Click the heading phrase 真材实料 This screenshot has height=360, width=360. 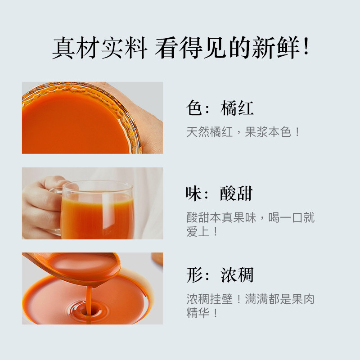tap(99, 48)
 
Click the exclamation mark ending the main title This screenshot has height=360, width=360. tap(306, 48)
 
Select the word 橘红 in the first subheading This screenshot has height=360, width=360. tap(237, 108)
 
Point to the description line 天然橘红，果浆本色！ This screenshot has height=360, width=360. tap(243, 132)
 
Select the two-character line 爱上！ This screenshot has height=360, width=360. tap(202, 232)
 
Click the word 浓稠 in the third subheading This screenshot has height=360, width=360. tap(237, 274)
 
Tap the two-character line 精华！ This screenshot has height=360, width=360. tap(202, 313)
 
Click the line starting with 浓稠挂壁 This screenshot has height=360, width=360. tap(250, 300)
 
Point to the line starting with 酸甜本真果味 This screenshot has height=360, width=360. tap(250, 218)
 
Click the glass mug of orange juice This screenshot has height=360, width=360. tap(97, 211)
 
